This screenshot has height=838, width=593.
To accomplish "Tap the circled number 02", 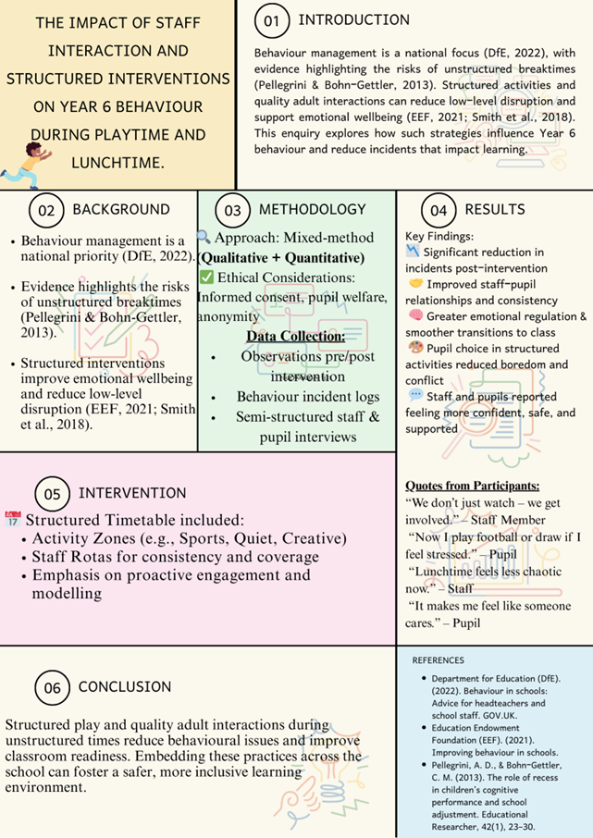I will coord(46,211).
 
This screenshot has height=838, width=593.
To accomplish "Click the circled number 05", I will coord(53,494).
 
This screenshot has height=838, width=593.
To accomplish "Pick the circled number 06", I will coord(52,688).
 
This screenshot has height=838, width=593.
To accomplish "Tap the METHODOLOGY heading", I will coord(312,210).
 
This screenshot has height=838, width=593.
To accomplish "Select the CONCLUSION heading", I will coord(125,687).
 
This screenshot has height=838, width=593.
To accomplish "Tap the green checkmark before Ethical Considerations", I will coord(206,277).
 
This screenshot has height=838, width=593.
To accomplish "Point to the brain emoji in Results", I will coord(414,316).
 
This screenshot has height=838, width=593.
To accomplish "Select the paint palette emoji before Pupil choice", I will coord(414,348).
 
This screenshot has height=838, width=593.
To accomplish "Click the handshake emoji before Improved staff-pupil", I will coord(414,283).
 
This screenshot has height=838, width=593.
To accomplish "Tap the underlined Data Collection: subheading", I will coord(295,336).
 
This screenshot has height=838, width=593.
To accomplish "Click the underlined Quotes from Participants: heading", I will coord(473,486).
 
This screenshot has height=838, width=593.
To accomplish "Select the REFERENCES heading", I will coord(438,660).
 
